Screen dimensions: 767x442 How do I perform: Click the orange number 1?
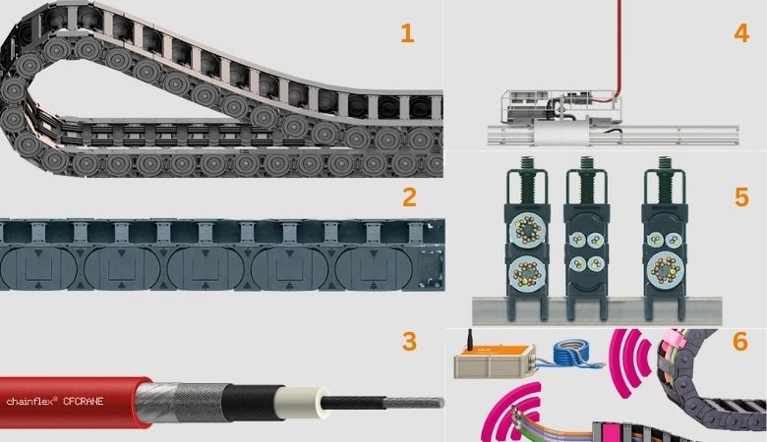407,33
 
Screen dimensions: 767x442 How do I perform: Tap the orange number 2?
409,197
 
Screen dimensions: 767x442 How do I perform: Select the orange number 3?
409,342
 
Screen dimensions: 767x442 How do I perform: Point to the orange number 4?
741,33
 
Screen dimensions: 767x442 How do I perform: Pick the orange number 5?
741,197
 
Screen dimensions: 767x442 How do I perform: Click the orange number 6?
740,342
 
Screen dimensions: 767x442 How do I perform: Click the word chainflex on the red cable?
31,401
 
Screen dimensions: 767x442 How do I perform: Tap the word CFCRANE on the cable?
84,402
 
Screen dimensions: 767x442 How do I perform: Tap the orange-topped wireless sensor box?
494,360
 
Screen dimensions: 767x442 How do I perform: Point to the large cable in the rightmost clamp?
664,269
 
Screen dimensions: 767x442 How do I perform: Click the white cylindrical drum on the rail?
561,133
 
